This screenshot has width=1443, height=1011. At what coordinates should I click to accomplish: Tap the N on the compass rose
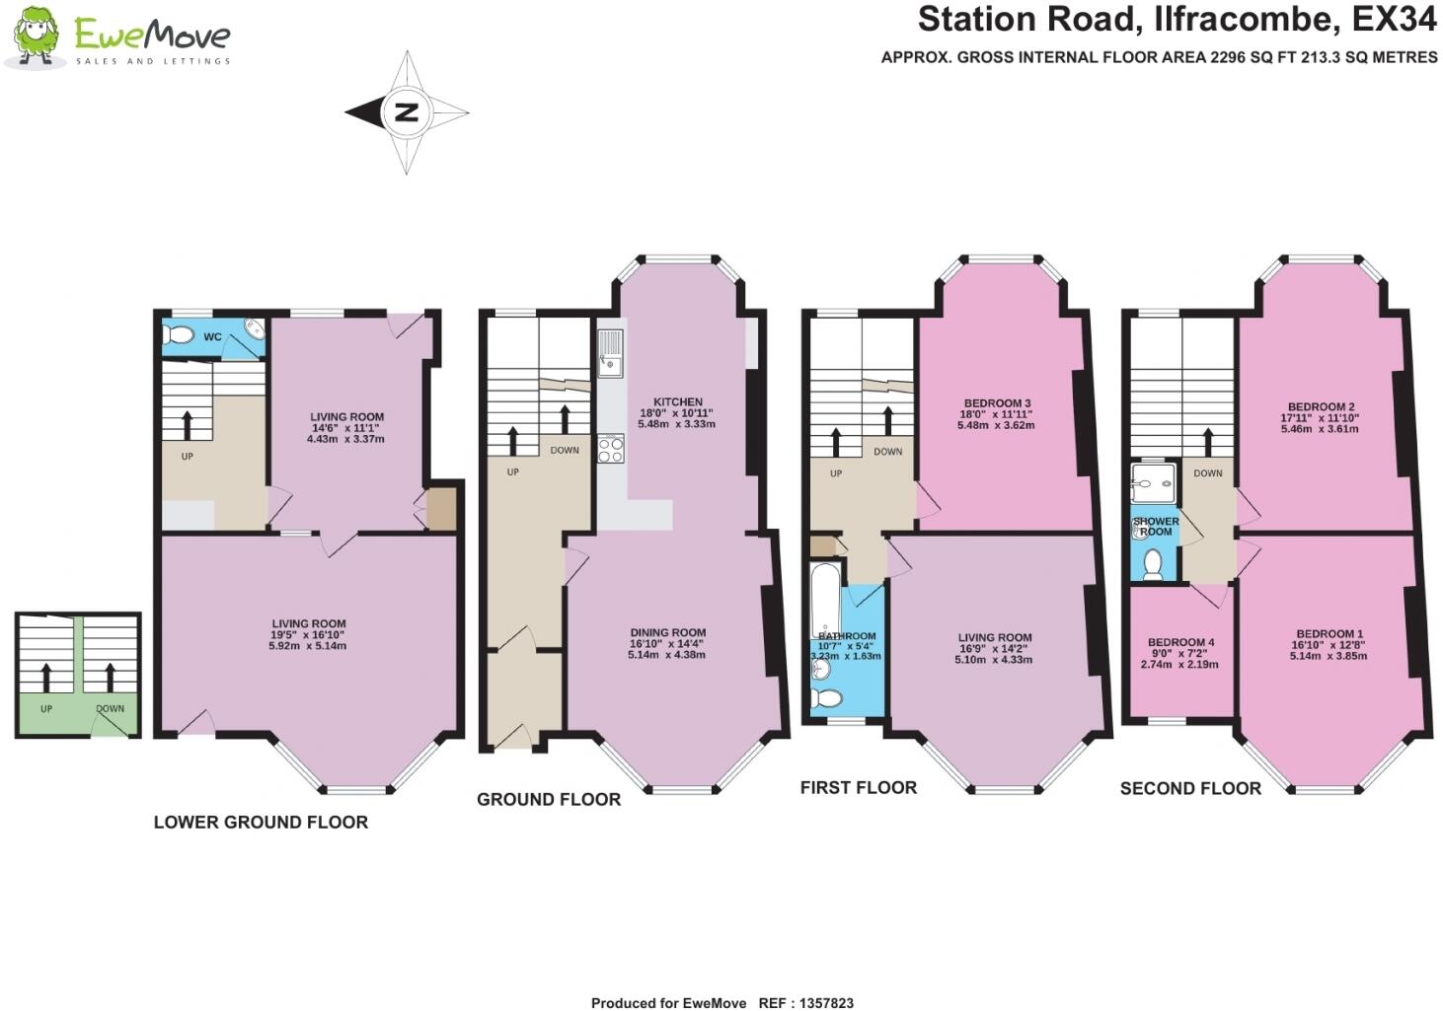click(x=406, y=112)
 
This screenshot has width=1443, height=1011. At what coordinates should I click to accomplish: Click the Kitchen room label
click(x=678, y=401)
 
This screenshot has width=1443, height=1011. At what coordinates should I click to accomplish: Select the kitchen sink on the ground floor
click(x=609, y=353)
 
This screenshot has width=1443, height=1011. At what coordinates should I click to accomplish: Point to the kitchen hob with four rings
click(x=610, y=449)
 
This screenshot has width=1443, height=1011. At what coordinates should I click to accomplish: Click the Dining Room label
click(x=668, y=632)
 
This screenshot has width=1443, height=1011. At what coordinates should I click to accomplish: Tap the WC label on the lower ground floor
click(x=212, y=337)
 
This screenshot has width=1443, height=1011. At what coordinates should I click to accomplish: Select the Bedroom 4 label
click(x=1180, y=642)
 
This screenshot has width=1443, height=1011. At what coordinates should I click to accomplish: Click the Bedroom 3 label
click(x=996, y=402)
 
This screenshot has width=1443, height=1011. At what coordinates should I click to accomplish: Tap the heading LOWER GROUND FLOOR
click(x=261, y=822)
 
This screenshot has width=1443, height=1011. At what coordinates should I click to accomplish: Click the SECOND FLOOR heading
click(x=1190, y=788)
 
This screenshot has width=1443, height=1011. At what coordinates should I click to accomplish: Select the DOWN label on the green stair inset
click(x=111, y=708)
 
